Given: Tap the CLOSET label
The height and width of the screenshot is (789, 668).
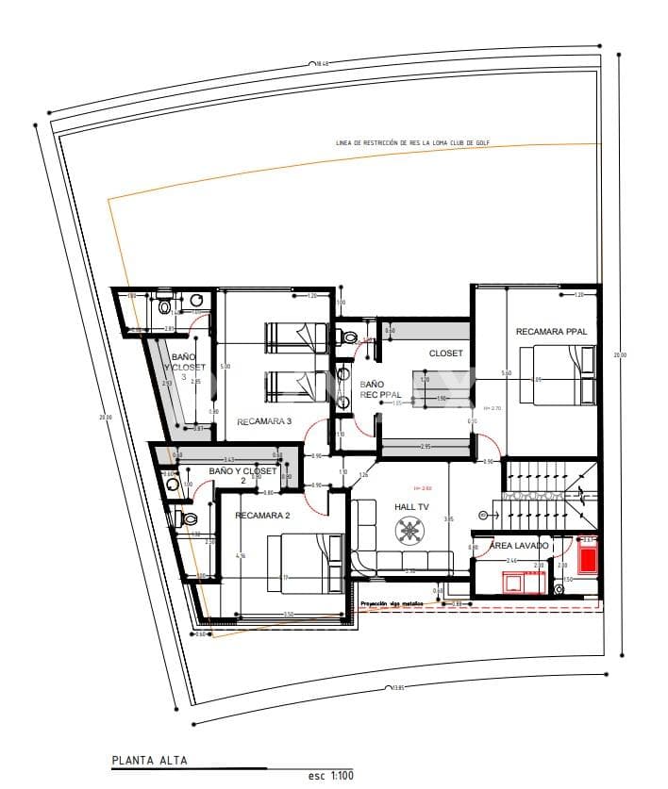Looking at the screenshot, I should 446,353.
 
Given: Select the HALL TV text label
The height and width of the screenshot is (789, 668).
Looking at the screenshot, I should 411,507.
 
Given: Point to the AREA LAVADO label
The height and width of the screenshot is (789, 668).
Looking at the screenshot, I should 518,546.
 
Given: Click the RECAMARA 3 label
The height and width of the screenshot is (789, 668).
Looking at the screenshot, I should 264,421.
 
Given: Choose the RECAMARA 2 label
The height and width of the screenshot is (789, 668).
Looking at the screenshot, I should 261,516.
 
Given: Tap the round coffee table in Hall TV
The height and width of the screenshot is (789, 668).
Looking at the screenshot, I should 410,533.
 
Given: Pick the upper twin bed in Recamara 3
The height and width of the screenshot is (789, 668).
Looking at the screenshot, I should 294,336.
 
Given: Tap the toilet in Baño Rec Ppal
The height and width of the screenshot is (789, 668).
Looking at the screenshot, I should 349,337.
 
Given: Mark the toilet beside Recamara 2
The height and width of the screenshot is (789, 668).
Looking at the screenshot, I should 188,518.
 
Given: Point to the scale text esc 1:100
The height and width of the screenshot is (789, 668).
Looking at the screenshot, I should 330,775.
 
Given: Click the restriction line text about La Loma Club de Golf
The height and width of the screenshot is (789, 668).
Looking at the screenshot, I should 412,143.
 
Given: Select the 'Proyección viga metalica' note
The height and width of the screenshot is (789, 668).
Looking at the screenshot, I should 388,603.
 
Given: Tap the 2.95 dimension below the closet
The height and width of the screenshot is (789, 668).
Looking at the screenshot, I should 426,446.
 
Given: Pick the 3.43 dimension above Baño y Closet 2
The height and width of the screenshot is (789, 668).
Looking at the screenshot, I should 229,459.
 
